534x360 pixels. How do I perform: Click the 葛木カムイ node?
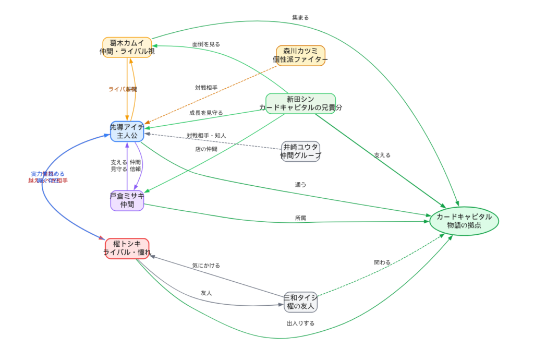[x=127, y=47]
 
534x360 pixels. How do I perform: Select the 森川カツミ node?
[x=300, y=55]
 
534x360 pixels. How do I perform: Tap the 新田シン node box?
[x=300, y=103]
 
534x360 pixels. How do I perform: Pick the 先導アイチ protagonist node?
[x=127, y=131]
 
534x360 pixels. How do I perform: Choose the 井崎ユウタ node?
[x=301, y=151]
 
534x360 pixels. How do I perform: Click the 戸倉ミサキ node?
[x=127, y=200]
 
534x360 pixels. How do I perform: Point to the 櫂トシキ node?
[x=127, y=248]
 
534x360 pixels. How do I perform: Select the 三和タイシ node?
[x=301, y=302]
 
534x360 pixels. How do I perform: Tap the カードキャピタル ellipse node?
[x=464, y=221]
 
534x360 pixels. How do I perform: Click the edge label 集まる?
[x=300, y=17]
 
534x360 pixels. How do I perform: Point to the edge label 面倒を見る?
[x=206, y=44]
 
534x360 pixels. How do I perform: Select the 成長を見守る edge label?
[x=206, y=113]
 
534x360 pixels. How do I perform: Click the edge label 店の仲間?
[x=206, y=149]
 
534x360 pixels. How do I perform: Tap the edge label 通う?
[x=300, y=185]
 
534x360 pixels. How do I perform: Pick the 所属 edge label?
[x=300, y=218]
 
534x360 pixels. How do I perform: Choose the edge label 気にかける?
[x=206, y=266]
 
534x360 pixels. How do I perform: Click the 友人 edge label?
[x=206, y=293]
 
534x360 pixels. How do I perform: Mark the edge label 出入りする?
[x=300, y=323]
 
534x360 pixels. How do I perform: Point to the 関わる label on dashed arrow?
[x=382, y=262]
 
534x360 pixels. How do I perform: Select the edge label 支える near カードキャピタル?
[x=382, y=155]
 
